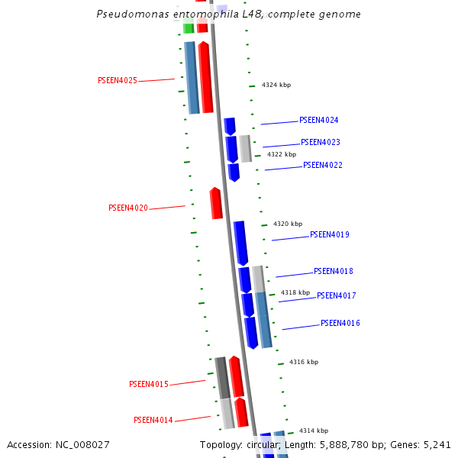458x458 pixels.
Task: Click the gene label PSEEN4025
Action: [x=118, y=80]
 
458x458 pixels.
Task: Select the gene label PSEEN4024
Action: [x=319, y=120]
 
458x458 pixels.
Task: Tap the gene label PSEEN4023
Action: [x=321, y=142]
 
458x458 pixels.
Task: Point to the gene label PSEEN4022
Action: [x=323, y=165]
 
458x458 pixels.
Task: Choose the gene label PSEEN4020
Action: [x=128, y=208]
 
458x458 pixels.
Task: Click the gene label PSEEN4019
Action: [x=330, y=234]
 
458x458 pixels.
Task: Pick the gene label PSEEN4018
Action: [x=334, y=271]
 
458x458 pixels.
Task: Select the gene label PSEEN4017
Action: [x=337, y=295]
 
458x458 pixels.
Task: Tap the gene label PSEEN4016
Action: [x=340, y=323]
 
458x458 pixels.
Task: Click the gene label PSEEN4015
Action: [x=149, y=384]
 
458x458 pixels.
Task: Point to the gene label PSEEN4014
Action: [x=153, y=420]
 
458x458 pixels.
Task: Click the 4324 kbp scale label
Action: [x=276, y=85]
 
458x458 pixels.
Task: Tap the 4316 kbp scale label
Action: [x=304, y=362]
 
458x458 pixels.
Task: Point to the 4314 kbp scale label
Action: [x=314, y=431]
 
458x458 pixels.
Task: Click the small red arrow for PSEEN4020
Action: [x=216, y=203]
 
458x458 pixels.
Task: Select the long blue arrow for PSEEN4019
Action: [x=240, y=243]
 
